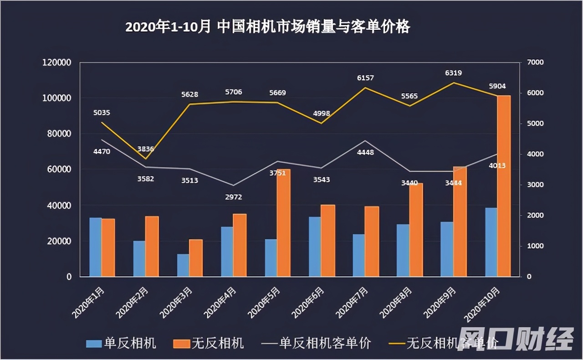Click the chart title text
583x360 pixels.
pos(267,27)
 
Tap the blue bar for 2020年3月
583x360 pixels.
pos(183,265)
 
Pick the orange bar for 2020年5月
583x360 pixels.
pos(283,223)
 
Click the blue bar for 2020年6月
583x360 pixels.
pos(315,247)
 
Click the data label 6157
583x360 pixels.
pos(365,78)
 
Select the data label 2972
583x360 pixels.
pos(233,197)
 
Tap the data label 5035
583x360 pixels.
pos(101,113)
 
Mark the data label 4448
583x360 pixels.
pos(365,152)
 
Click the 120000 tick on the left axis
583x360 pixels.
pos(57,62)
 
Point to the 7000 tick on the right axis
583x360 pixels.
pos(535,62)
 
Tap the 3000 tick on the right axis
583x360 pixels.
pos(535,185)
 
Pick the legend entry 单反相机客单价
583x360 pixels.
pos(317,343)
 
